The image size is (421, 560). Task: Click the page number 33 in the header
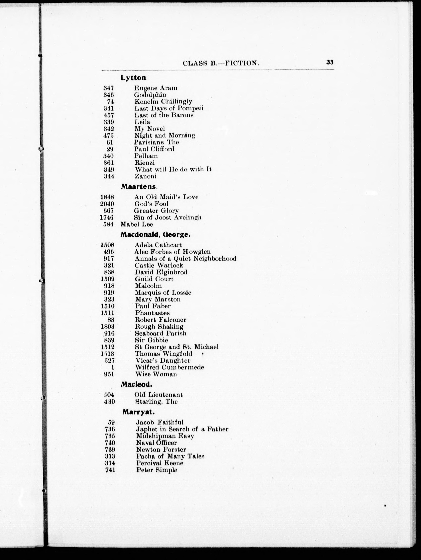[x=330, y=62]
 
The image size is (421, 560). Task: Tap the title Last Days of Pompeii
[x=169, y=108]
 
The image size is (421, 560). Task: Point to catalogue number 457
[x=109, y=115]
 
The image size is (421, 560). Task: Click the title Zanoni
[x=146, y=176]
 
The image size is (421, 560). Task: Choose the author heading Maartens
[x=139, y=187]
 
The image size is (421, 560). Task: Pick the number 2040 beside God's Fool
[x=107, y=204]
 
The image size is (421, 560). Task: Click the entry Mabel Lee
[x=137, y=224]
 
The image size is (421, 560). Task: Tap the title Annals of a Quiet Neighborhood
[x=185, y=259]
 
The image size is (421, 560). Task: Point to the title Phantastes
[x=152, y=313]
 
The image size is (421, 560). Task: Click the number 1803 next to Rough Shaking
[x=108, y=327]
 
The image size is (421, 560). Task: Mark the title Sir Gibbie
[x=151, y=340]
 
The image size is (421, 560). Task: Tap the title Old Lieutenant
[x=158, y=395]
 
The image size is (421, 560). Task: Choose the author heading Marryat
[x=138, y=412]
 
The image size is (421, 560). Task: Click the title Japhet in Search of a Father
[x=182, y=429]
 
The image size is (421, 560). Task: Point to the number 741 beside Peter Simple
[x=110, y=470]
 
